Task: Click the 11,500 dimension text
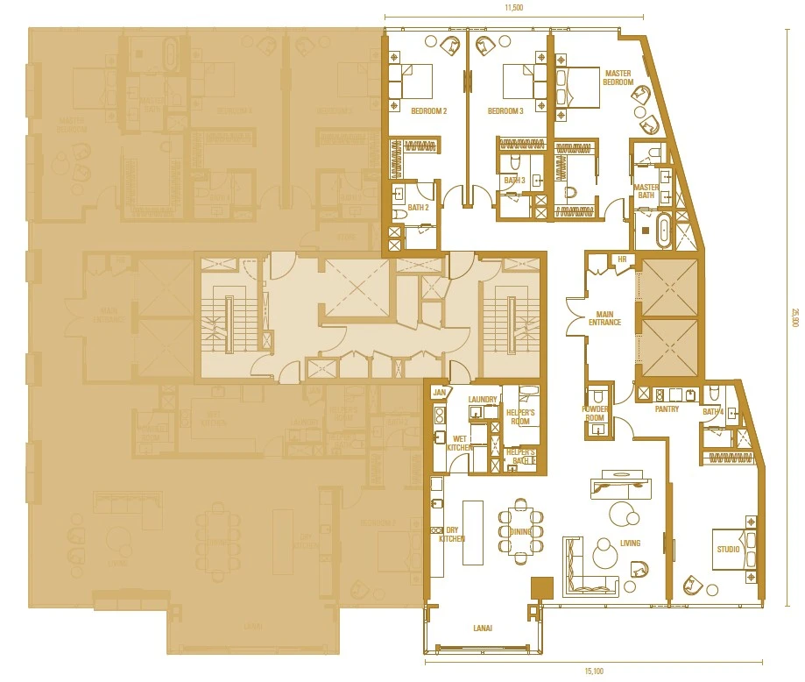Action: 513,8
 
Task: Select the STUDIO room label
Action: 728,549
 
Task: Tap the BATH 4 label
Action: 713,411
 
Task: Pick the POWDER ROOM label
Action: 596,413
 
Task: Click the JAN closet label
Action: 439,393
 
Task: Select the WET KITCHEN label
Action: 460,443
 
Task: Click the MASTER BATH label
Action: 646,191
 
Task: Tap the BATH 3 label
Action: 514,181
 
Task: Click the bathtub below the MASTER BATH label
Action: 662,233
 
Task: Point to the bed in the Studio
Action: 731,549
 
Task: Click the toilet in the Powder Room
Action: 597,394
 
